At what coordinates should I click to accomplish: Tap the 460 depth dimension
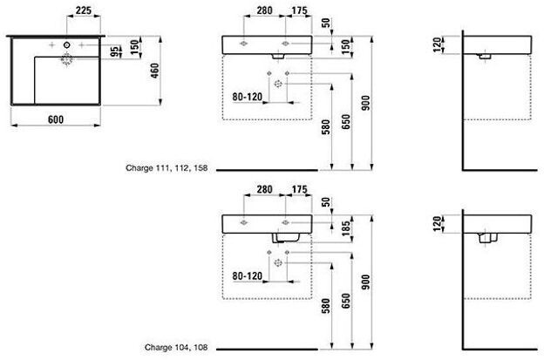coord(155,71)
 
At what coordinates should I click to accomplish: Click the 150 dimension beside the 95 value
coord(136,47)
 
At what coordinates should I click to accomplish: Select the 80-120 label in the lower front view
coord(250,276)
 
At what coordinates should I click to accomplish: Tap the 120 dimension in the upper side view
coord(438,44)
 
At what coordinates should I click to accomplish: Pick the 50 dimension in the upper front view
coord(324,24)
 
